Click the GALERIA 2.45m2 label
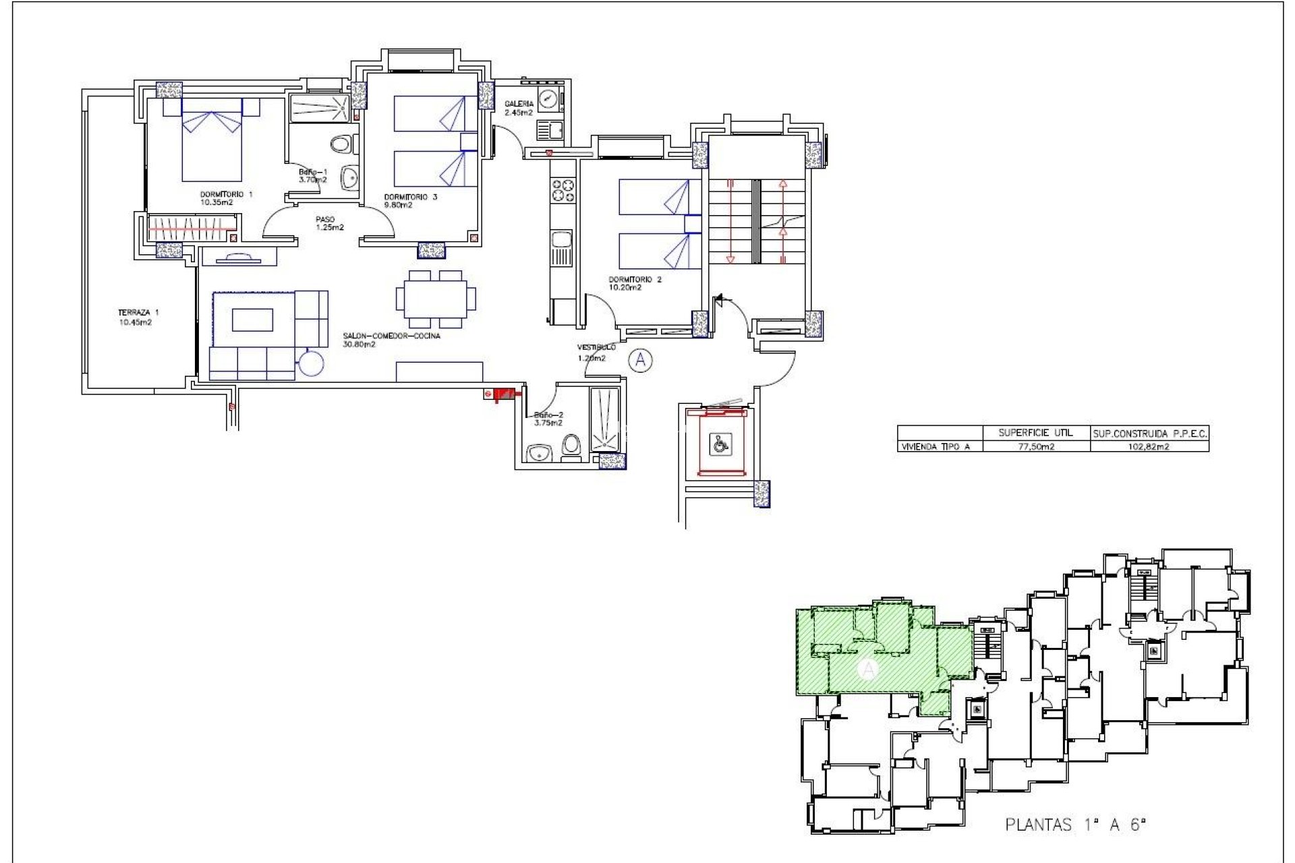(x=519, y=108)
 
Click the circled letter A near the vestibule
(x=640, y=361)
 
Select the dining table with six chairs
(x=435, y=299)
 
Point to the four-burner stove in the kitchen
(x=563, y=190)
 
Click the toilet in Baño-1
(x=343, y=144)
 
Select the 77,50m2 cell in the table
(x=1035, y=446)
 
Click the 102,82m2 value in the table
(x=1149, y=446)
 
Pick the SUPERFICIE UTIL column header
(x=1035, y=433)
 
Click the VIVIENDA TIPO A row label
(x=936, y=446)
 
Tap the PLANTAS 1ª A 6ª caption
(x=1075, y=825)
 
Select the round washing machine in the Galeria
(x=550, y=98)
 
